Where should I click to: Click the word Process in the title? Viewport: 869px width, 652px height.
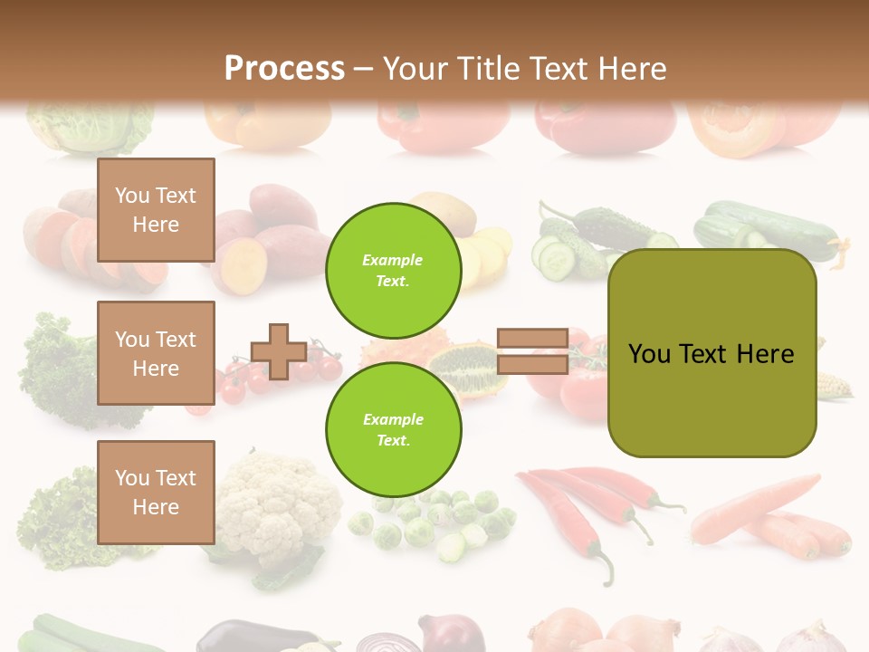point(284,69)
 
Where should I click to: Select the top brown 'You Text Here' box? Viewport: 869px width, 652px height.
point(156,210)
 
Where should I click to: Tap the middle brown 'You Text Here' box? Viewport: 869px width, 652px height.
point(156,353)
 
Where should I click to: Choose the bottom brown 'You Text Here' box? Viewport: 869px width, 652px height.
point(156,492)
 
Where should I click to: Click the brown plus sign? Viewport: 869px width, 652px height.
point(279,351)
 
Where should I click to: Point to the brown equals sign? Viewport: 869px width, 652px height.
point(533,351)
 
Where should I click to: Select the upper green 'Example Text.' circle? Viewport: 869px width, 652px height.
point(394,270)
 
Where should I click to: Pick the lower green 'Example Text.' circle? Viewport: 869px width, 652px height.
point(394,429)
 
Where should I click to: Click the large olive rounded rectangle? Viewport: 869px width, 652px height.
point(711,353)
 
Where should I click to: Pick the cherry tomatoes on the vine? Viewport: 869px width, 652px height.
point(240,380)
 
